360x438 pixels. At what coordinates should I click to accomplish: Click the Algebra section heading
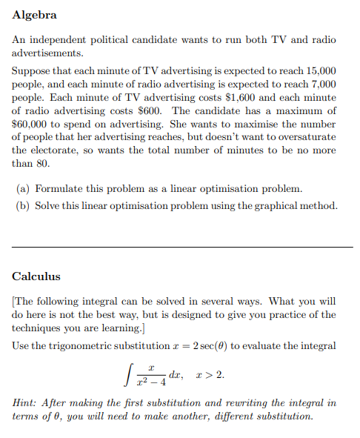coord(34,15)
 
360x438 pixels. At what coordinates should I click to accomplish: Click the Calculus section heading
coord(36,276)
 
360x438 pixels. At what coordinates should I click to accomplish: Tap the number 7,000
coord(322,83)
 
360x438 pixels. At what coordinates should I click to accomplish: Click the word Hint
coord(25,402)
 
